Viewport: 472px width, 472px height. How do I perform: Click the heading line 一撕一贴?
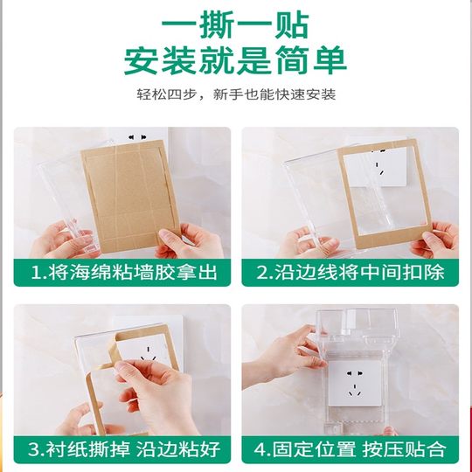coord(236,21)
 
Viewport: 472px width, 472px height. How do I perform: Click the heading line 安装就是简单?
coord(236,59)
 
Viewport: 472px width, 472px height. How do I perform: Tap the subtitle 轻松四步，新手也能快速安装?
coord(236,94)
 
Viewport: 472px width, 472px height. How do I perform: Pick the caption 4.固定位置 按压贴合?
coord(350,449)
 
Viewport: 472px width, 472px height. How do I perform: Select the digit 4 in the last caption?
coord(260,449)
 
